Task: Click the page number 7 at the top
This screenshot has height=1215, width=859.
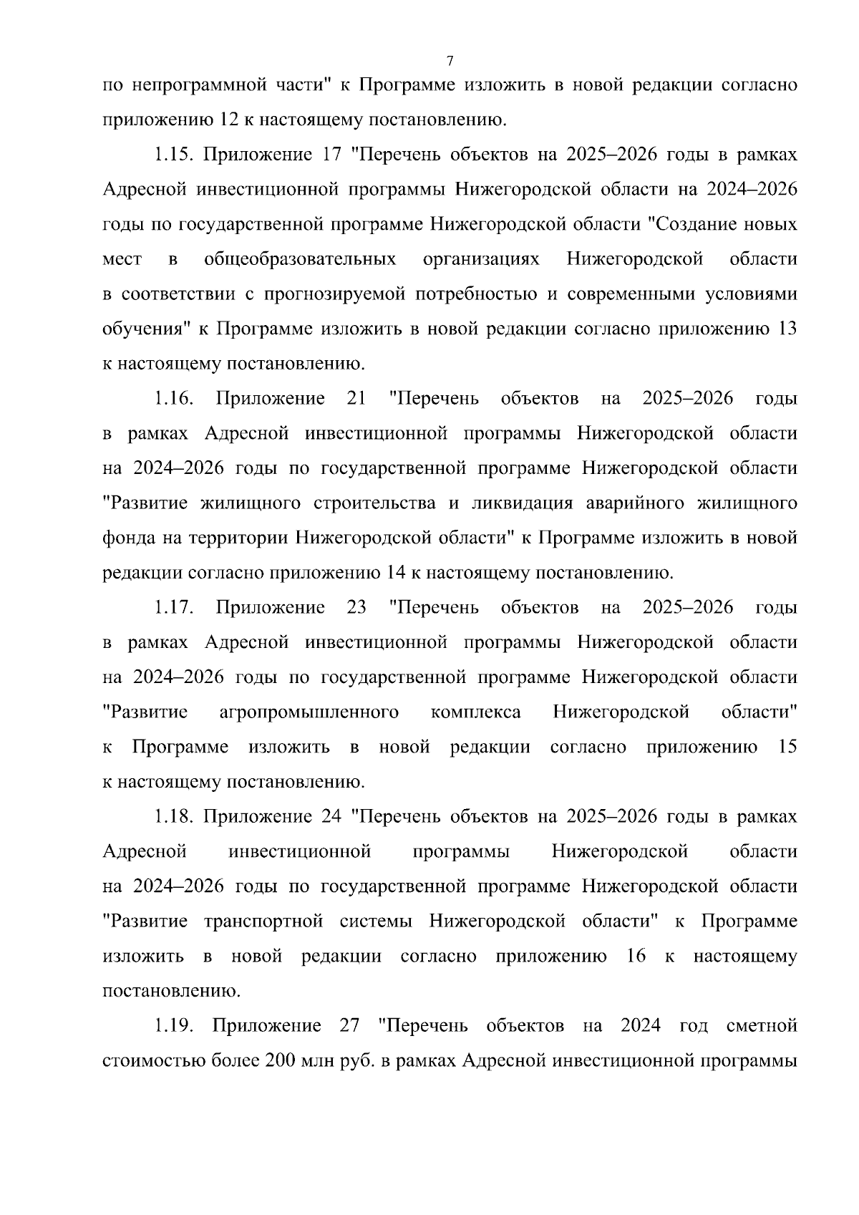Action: tap(449, 59)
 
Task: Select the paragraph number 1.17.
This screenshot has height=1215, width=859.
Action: tap(172, 608)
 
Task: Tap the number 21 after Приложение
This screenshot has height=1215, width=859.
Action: tap(356, 399)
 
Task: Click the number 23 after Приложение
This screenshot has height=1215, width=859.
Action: tap(356, 608)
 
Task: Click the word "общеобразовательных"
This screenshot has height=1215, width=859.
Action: tap(300, 259)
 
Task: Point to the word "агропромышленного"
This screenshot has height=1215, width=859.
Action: tap(309, 712)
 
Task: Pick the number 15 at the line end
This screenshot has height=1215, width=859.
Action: tap(786, 747)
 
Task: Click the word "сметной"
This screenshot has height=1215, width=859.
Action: tap(762, 1026)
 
